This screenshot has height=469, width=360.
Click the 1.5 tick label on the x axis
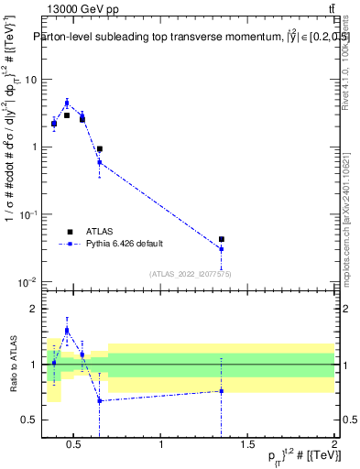(248, 445)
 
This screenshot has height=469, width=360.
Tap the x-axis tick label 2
(333, 445)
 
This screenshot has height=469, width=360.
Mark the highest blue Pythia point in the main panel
(67, 103)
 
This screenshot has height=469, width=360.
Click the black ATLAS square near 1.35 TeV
(222, 239)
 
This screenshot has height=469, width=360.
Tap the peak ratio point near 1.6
(67, 330)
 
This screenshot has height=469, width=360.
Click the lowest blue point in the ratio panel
(99, 400)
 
